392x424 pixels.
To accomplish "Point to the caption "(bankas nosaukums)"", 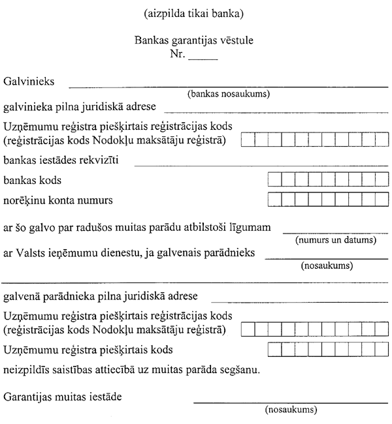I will [229, 94].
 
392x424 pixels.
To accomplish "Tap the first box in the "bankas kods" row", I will [274, 179].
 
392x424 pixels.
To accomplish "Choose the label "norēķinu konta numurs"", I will [57, 200].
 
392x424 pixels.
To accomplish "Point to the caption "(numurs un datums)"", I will [336, 239].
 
